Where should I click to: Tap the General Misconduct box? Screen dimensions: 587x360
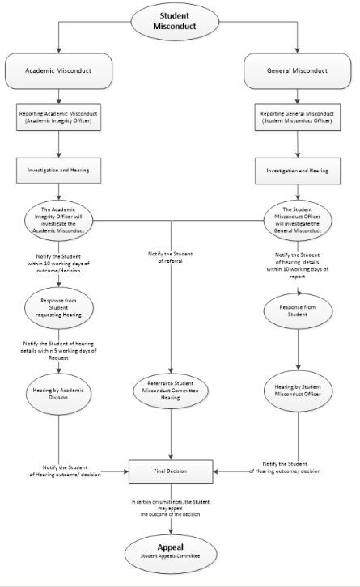pyautogui.click(x=297, y=70)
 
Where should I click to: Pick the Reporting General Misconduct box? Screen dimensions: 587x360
pyautogui.click(x=297, y=119)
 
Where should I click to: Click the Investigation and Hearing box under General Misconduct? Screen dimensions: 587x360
pyautogui.click(x=297, y=170)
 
